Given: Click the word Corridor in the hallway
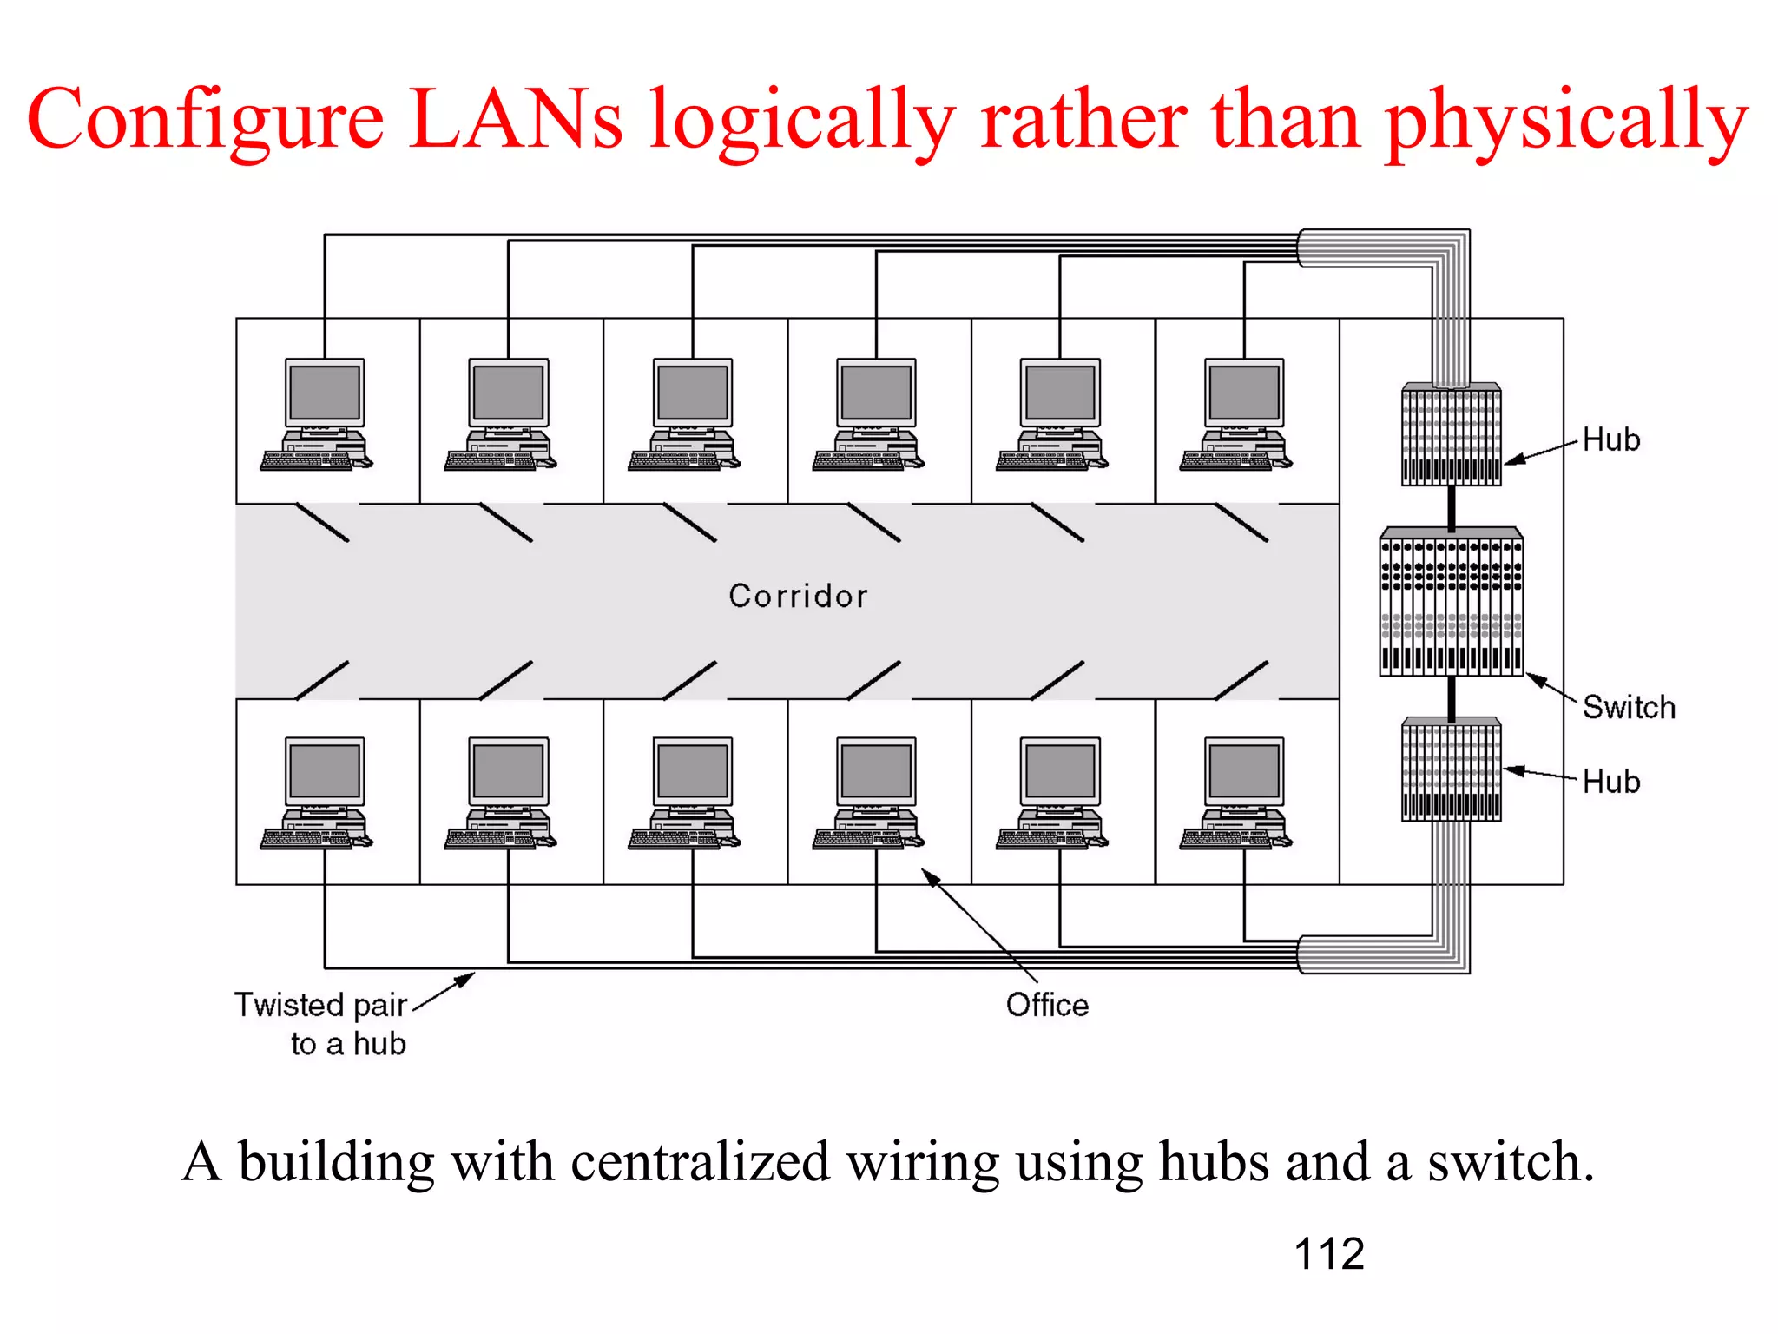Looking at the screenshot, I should [x=798, y=596].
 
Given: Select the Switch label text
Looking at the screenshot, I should [x=1628, y=707].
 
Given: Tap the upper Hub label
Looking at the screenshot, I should [x=1610, y=439].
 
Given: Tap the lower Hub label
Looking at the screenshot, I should [x=1610, y=782].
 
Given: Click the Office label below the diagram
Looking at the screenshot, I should [x=1047, y=1005].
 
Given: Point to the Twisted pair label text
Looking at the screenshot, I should [x=321, y=1005].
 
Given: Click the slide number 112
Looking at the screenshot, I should [x=1328, y=1254].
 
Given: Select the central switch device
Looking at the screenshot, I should [x=1451, y=602].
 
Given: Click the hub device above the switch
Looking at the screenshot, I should [x=1451, y=434].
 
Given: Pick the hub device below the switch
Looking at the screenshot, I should [x=1451, y=769].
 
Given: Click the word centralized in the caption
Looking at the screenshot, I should [x=700, y=1162].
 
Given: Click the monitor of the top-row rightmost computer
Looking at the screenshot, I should [x=1244, y=393].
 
